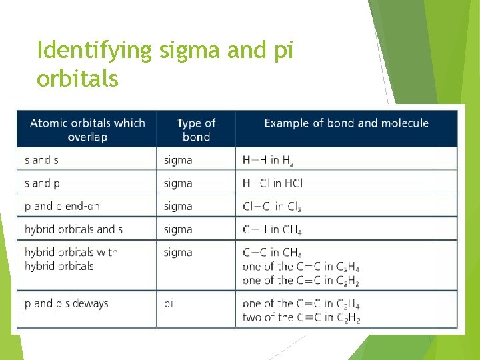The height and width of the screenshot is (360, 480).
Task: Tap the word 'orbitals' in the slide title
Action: click(77, 79)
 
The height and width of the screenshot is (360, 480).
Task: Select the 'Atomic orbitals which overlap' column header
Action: click(87, 129)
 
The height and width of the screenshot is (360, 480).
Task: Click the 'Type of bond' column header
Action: click(196, 129)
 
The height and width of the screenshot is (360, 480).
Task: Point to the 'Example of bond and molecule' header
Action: click(346, 123)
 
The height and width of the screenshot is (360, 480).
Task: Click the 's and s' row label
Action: click(42, 160)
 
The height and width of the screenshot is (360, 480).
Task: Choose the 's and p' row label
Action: click(42, 183)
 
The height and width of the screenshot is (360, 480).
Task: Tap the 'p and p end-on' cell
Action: click(62, 207)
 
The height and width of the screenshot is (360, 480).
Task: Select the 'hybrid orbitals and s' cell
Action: click(73, 229)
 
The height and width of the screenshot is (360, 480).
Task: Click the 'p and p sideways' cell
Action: click(66, 303)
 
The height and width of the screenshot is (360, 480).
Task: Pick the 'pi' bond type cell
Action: click(169, 303)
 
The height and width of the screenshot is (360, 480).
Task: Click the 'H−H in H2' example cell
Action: click(268, 161)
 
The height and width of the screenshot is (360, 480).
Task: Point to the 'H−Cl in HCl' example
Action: click(273, 183)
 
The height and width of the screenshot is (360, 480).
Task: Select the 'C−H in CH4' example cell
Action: click(272, 230)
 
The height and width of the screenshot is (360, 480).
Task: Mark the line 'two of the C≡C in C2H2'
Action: click(301, 317)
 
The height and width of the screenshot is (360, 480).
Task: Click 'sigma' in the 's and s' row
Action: click(178, 160)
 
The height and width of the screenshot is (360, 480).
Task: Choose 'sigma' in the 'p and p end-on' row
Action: click(178, 207)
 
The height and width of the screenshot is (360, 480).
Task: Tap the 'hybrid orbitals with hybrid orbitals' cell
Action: click(71, 259)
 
